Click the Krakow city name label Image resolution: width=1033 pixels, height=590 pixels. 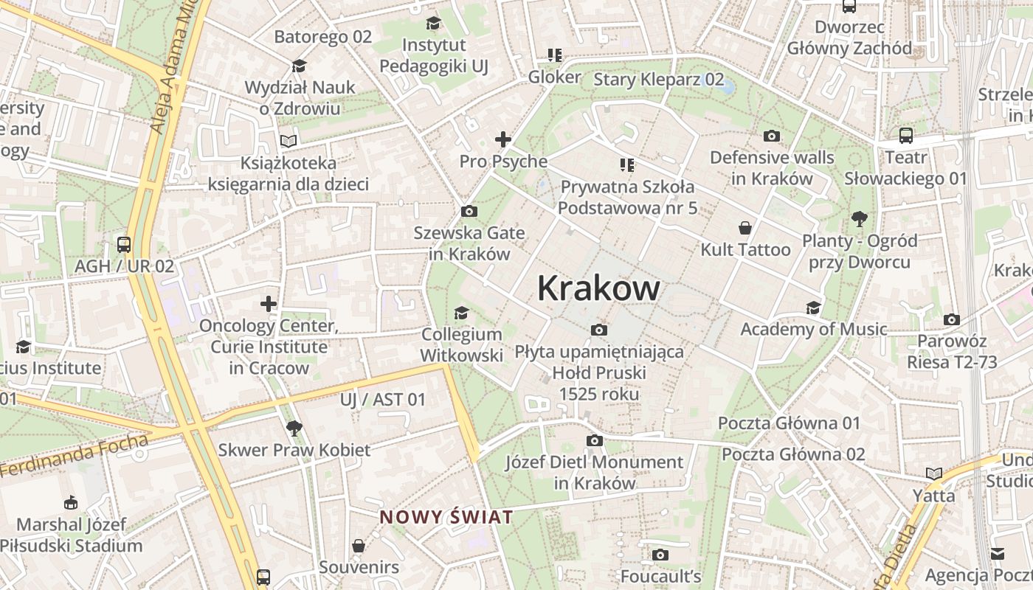coord(598,288)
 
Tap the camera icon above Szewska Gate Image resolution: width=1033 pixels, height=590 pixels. coord(469,212)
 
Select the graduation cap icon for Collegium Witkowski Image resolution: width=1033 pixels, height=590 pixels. coord(461,313)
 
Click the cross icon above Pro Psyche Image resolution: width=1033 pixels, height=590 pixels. coord(503,139)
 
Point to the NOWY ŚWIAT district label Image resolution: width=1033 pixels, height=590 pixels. coord(446,517)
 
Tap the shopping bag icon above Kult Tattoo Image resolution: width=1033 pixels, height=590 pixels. coord(745,228)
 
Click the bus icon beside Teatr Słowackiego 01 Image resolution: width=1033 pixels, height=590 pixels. coord(905,136)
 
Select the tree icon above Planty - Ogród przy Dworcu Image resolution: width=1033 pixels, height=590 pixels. coord(859,219)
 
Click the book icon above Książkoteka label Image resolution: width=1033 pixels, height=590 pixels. coord(289,141)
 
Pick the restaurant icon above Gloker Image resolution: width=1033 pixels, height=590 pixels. coord(555,55)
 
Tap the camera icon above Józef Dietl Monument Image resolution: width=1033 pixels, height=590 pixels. coord(594,440)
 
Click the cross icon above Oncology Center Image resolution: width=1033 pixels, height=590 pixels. coord(269,304)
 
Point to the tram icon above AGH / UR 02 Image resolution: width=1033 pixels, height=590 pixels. coord(124,244)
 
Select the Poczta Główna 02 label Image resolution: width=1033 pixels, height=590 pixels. coord(793,454)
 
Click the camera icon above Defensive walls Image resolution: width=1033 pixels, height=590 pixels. coord(772,136)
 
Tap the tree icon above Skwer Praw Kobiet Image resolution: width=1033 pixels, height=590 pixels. coord(294,428)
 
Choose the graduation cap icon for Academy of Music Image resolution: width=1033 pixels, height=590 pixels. coord(813,308)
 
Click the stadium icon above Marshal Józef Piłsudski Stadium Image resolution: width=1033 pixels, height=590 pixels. coord(70,503)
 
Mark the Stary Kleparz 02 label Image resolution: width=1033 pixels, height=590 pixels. coord(658,79)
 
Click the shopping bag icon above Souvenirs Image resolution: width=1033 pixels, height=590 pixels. coord(359,546)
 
